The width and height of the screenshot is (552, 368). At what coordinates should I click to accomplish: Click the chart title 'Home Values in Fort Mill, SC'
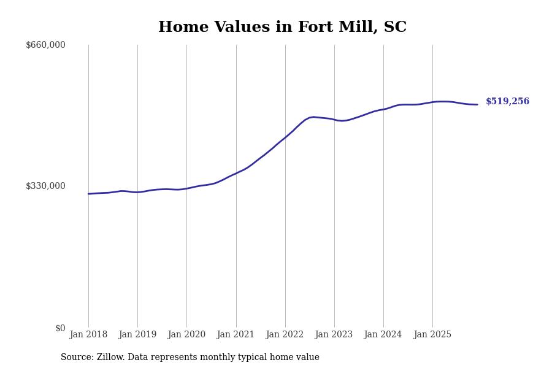click(x=282, y=28)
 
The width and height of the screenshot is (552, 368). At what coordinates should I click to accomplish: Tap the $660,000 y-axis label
click(x=45, y=45)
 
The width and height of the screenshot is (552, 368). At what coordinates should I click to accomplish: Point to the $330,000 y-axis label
click(x=45, y=186)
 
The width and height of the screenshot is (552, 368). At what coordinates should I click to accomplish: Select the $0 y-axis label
click(x=60, y=328)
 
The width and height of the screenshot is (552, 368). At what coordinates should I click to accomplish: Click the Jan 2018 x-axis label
click(x=88, y=335)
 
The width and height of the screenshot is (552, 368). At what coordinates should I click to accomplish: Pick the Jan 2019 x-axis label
click(x=137, y=335)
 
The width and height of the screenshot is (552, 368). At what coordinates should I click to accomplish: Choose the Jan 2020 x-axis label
click(x=186, y=335)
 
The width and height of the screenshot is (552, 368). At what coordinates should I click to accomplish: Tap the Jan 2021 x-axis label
click(x=236, y=335)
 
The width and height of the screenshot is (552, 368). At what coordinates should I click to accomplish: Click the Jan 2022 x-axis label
click(x=285, y=335)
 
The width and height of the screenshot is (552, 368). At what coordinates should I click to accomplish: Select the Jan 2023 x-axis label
click(x=334, y=335)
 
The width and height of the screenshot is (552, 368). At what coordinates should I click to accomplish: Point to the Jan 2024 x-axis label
click(x=383, y=335)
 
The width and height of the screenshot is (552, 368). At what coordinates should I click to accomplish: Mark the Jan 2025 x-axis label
click(x=432, y=335)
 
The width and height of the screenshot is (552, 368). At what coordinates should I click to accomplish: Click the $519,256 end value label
click(x=507, y=102)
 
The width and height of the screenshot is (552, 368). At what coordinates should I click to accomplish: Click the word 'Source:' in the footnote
click(x=77, y=358)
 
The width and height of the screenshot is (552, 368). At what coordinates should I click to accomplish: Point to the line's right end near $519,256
click(x=477, y=104)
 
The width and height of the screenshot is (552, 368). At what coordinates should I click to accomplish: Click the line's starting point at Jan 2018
click(x=88, y=194)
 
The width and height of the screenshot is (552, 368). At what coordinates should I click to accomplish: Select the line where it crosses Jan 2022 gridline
click(x=285, y=137)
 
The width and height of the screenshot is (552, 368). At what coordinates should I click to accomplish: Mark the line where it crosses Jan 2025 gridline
click(x=432, y=102)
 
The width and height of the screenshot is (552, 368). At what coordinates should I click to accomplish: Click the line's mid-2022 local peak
click(x=313, y=117)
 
